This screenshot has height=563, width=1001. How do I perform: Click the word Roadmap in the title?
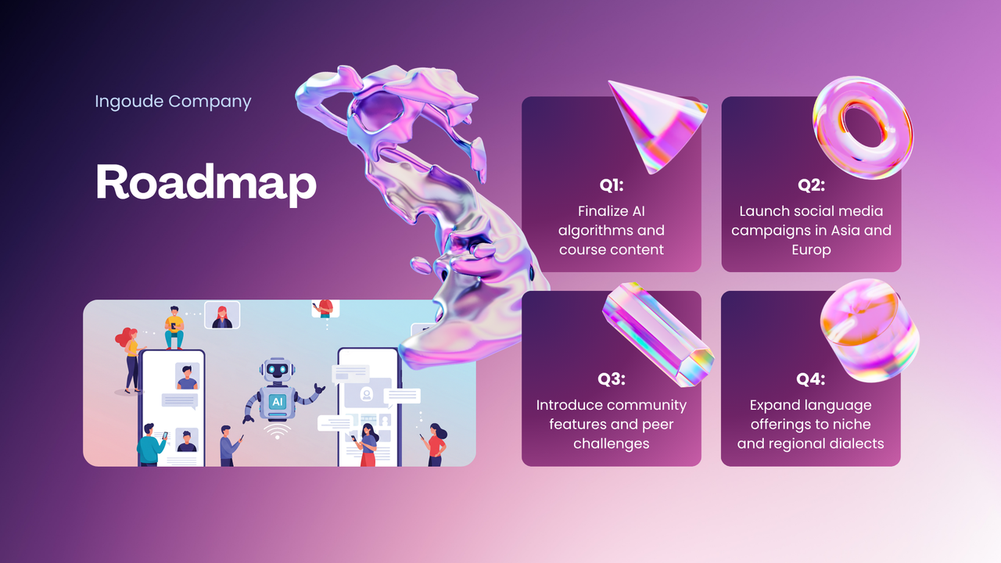(206, 182)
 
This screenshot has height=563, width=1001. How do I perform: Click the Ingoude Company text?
(173, 102)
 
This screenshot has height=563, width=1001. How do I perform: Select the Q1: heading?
(612, 185)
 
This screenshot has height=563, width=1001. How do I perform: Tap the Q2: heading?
(811, 185)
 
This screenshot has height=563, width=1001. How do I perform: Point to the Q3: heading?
(612, 379)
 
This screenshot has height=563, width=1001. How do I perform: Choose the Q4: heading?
(811, 379)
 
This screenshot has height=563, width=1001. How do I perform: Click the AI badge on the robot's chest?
(277, 401)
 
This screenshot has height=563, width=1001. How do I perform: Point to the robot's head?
(277, 371)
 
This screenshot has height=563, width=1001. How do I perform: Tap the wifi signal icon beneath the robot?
(277, 431)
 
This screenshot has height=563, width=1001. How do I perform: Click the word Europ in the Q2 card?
(811, 250)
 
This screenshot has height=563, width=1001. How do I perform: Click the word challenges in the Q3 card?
(612, 443)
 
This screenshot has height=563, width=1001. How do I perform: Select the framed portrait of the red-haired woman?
(222, 315)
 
